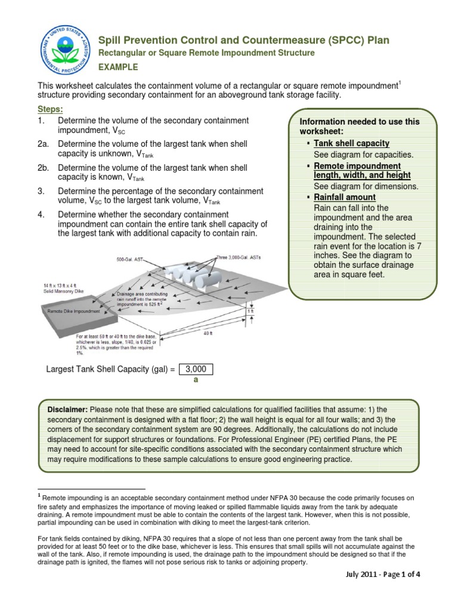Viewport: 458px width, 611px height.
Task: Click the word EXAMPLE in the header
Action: point(118,67)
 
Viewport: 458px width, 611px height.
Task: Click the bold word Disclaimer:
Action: point(67,409)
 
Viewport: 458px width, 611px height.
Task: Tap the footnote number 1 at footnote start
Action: point(39,495)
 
